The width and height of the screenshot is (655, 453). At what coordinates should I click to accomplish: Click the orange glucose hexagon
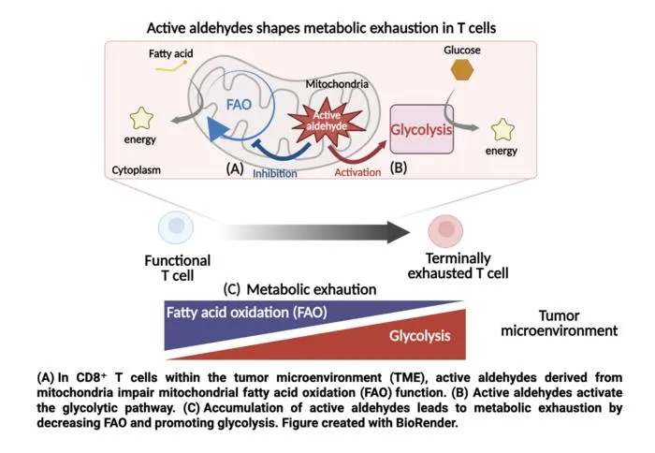462,70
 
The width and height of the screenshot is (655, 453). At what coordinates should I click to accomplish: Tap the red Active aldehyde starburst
327,121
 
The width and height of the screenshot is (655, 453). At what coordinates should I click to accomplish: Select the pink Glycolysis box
421,129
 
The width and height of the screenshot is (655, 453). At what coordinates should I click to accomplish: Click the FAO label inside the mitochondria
239,105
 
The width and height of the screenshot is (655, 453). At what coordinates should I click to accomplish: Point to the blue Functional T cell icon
176,227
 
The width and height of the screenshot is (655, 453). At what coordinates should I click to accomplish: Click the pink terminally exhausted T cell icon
445,230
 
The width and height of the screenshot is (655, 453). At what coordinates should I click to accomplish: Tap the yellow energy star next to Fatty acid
141,118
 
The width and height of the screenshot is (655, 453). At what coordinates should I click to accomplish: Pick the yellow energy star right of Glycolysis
502,129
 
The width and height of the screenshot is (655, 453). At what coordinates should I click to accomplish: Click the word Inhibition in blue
275,173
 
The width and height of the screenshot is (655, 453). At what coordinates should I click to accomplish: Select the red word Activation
357,172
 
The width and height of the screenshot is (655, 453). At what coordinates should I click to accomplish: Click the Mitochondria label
337,84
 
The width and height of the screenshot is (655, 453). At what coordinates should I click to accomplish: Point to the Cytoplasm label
137,170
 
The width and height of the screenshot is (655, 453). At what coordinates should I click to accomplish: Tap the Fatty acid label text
171,53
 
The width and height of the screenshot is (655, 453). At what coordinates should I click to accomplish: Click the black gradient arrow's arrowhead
398,232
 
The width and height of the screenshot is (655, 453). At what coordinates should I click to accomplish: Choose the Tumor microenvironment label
559,323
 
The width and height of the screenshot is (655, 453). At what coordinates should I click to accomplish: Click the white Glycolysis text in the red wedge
420,336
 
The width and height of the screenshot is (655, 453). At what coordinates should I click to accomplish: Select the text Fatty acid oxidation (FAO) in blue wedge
246,313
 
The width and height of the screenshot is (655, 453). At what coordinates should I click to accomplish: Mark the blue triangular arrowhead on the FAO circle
217,129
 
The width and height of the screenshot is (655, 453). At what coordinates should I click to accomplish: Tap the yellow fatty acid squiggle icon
171,66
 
